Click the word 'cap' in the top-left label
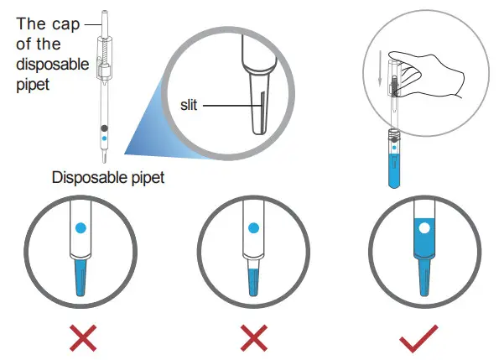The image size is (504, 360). (x=65, y=23)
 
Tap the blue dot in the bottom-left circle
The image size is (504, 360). (x=81, y=227)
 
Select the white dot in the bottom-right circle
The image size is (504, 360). (x=423, y=227)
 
